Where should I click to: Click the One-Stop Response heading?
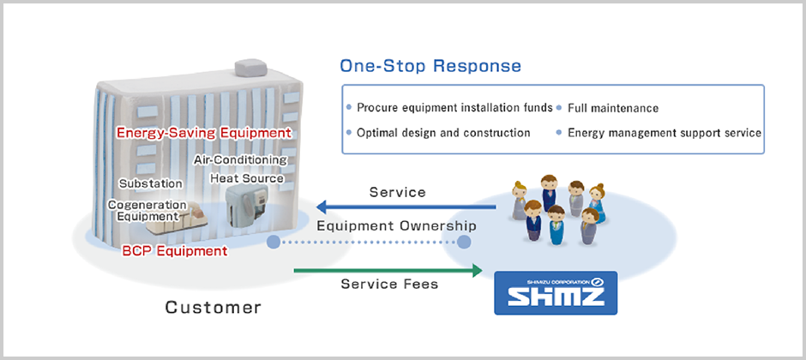[430, 66]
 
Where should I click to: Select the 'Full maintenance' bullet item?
[612, 108]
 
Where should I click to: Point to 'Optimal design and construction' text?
[443, 133]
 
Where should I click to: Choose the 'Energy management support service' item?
[664, 133]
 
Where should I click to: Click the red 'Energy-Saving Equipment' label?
[203, 133]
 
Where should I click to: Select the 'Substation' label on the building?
[150, 183]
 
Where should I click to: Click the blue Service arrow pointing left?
[404, 207]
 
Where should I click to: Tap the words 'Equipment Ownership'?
[396, 226]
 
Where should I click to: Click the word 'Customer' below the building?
[214, 306]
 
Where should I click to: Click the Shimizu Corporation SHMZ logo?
[555, 292]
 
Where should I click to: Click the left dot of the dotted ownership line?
[274, 243]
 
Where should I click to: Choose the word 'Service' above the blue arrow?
[397, 192]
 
